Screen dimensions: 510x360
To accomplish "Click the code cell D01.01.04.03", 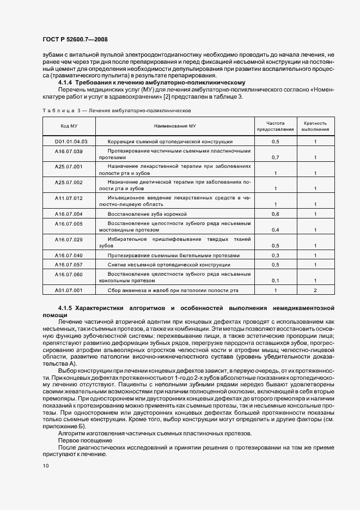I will pyautogui.click(x=71, y=141).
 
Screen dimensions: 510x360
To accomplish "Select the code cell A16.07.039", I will pyautogui.click(x=69, y=151).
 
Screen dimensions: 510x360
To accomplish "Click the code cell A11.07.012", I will pyautogui.click(x=69, y=198).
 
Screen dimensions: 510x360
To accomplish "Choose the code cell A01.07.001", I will pyautogui.click(x=69, y=290).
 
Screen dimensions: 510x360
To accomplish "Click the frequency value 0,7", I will pyautogui.click(x=276, y=157).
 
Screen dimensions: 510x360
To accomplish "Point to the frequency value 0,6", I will pyautogui.click(x=276, y=214).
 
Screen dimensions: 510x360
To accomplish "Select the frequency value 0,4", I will pyautogui.click(x=276, y=230).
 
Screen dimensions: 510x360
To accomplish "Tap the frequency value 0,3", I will pyautogui.click(x=276, y=255).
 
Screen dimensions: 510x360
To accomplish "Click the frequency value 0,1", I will pyautogui.click(x=276, y=281).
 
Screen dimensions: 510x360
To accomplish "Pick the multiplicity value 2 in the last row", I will pyautogui.click(x=315, y=290).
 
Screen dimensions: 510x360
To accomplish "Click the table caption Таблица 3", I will pyautogui.click(x=60, y=110).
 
